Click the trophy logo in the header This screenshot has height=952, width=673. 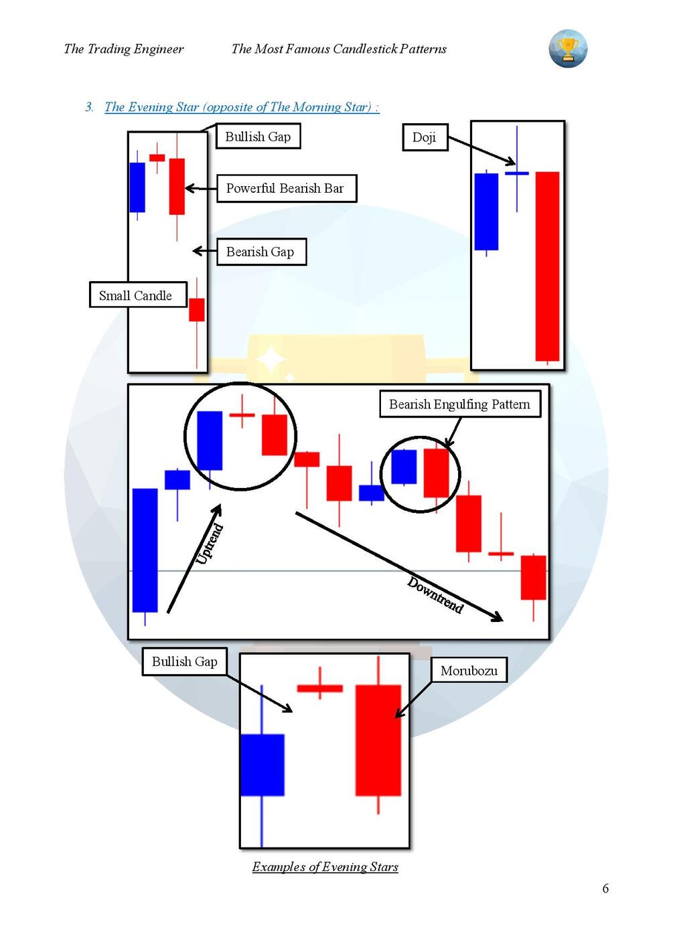568,49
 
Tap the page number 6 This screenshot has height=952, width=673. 605,888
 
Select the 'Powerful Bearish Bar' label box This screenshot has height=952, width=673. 286,189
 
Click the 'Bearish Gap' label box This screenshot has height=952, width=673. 261,252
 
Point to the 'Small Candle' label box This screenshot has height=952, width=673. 137,295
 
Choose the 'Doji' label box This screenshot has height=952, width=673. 425,137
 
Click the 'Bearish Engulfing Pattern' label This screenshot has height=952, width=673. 459,404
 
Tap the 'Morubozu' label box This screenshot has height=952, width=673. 469,670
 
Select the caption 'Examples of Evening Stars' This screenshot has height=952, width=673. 325,867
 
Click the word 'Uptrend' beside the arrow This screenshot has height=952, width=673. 209,544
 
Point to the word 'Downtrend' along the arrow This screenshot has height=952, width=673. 435,594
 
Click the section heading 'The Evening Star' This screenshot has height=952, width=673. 242,107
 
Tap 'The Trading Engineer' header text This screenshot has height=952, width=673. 124,49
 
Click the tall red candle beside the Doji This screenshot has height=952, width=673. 547,266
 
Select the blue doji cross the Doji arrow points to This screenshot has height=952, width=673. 516,173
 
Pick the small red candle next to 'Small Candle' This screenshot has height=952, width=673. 196,310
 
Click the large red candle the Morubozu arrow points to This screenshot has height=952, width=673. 378,740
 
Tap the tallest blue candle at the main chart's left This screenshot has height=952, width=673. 145,550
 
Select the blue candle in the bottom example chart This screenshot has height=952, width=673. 262,765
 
